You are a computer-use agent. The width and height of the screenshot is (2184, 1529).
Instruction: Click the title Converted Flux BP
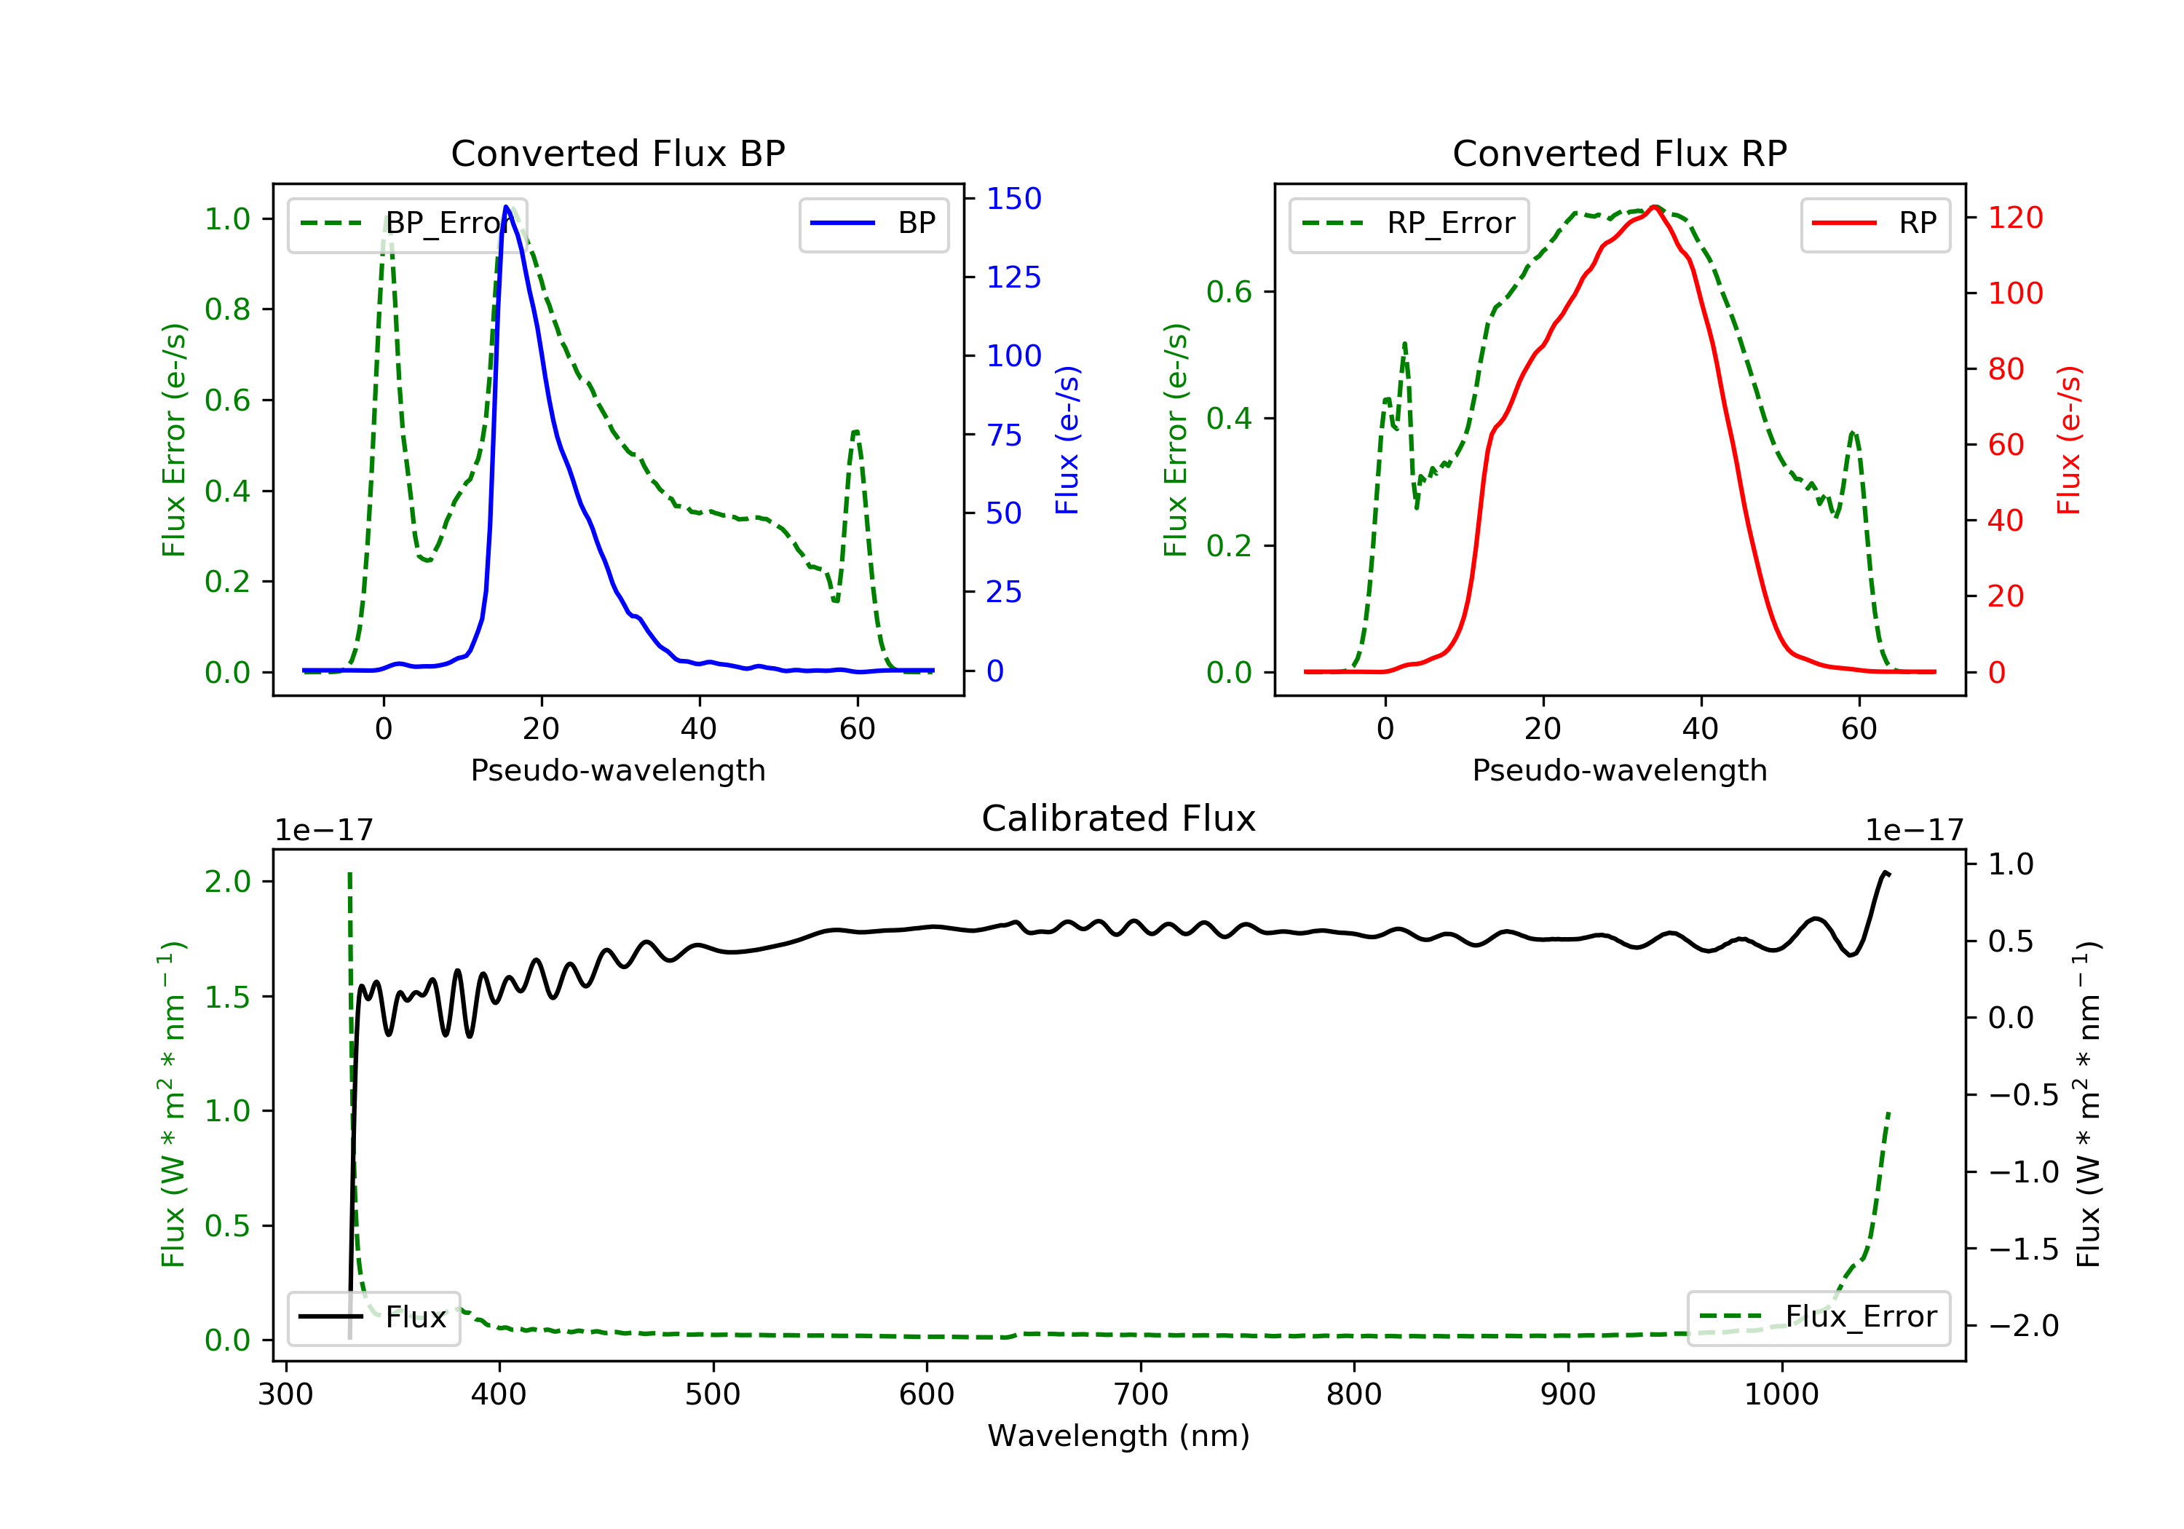coord(617,153)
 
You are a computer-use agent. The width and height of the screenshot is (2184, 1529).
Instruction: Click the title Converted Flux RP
coord(1619,153)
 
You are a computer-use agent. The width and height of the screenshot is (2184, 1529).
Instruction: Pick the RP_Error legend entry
coord(1409,224)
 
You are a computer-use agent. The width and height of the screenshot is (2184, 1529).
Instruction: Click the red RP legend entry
coord(1875,224)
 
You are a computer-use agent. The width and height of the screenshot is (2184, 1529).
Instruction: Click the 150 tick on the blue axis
coord(1013,199)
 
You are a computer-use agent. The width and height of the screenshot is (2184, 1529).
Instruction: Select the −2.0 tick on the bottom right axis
coord(2022,1325)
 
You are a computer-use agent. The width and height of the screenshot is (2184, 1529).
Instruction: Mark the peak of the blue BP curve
coord(506,207)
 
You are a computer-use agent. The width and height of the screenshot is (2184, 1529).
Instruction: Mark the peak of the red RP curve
coord(1655,207)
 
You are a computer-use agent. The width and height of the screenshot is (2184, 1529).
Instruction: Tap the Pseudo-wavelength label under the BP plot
coord(617,770)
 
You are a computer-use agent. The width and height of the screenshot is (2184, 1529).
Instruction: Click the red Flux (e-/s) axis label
coord(2068,440)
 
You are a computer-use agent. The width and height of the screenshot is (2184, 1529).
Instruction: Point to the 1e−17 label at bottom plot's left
coord(323,831)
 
